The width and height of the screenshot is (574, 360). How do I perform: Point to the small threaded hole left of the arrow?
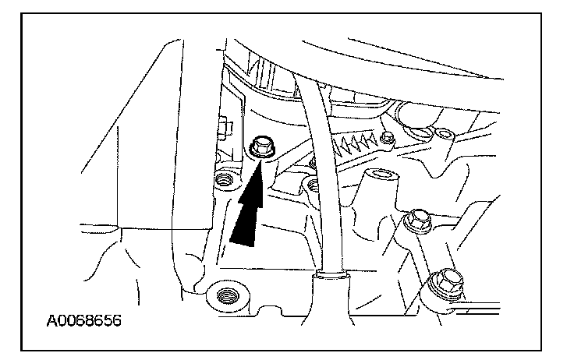[x=226, y=181]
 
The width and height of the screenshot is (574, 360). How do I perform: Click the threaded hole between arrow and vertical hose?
[x=314, y=185]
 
